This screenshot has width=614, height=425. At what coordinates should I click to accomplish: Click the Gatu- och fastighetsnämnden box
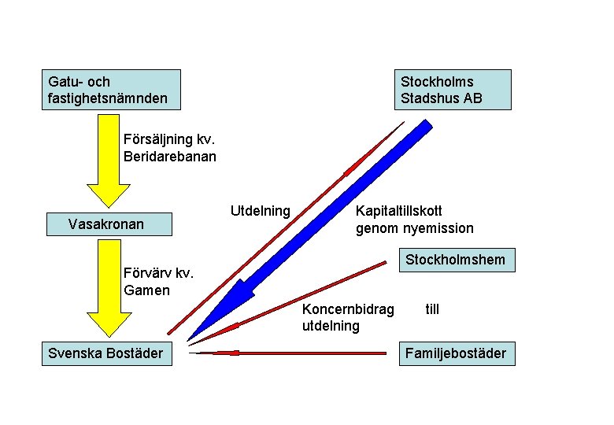(x=110, y=90)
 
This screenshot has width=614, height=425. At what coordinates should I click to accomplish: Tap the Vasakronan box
(x=108, y=224)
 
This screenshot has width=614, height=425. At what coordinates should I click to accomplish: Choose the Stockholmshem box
(x=455, y=260)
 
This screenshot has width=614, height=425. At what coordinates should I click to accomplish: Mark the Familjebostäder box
(x=455, y=353)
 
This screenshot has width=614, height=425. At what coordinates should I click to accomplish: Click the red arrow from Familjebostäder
(x=291, y=353)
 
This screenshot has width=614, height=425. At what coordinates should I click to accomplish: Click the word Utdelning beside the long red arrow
(x=260, y=211)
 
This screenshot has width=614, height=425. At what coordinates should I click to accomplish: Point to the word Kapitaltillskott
(x=399, y=211)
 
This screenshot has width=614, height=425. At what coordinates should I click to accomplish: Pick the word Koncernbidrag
(x=348, y=309)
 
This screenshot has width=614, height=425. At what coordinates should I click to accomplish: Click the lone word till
(x=432, y=309)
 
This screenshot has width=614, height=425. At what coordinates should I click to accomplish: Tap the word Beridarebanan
(x=170, y=156)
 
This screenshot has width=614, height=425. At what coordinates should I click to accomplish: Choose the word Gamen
(x=146, y=290)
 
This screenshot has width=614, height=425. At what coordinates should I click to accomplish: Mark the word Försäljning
(x=157, y=139)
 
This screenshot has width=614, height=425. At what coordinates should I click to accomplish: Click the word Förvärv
(x=147, y=274)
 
